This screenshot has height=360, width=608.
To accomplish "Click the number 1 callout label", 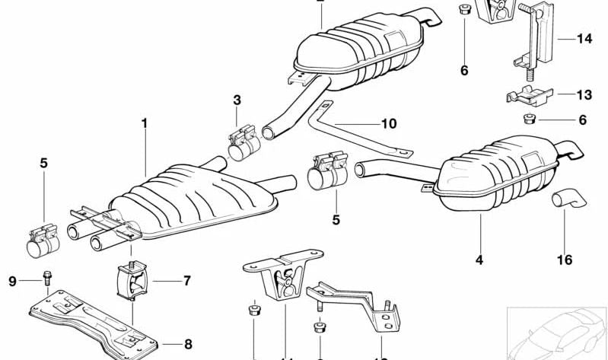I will tap(145, 123).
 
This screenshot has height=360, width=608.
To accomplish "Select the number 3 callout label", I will tap(237, 100).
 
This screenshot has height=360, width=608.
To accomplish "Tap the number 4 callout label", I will tap(479, 260).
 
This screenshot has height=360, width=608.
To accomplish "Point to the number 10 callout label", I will tap(389, 123).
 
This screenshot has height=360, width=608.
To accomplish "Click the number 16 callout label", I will tap(564, 260).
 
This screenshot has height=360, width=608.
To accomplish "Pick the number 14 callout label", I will tap(584, 38).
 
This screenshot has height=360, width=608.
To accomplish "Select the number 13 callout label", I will tap(584, 95).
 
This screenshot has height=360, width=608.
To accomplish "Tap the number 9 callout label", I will tap(12, 282).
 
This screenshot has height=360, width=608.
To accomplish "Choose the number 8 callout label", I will tap(188, 343).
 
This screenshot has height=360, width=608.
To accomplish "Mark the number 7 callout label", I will tap(187, 282).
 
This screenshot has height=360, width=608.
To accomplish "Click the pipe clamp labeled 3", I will tap(242, 145).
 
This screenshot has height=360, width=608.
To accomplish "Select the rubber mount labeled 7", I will tap(132, 282).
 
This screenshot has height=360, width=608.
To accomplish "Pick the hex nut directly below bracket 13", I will tap(527, 120).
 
